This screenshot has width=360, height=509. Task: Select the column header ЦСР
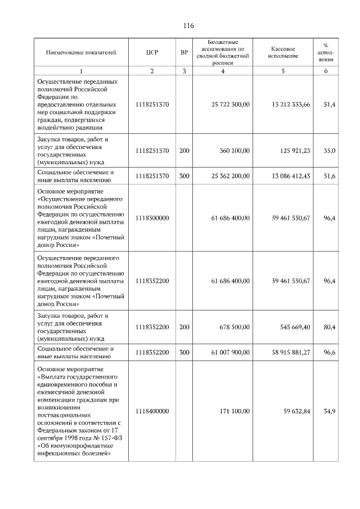click(152, 52)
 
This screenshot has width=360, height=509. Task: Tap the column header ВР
click(184, 52)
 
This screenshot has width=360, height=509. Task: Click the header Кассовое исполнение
click(283, 52)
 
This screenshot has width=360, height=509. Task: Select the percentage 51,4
click(330, 105)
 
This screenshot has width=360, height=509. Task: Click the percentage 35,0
click(330, 150)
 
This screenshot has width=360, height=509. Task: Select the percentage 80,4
click(330, 327)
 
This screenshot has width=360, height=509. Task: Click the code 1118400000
click(152, 411)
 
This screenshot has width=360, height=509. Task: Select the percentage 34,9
click(330, 411)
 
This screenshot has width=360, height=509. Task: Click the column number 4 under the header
click(223, 71)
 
